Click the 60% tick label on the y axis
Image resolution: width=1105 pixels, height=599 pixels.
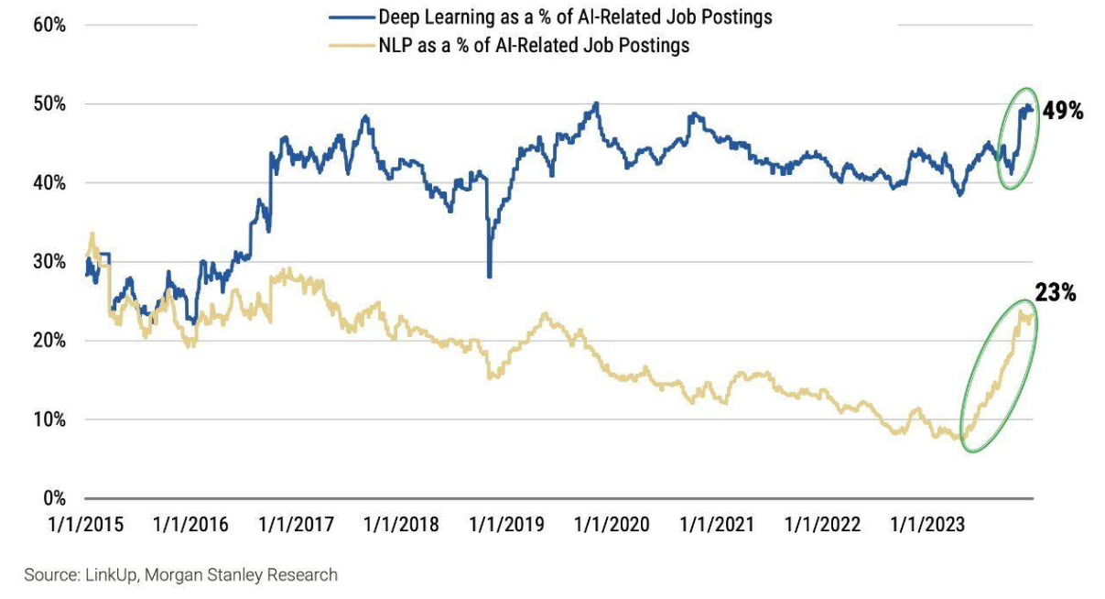pos(49,25)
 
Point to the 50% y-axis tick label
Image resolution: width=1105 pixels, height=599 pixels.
pos(49,104)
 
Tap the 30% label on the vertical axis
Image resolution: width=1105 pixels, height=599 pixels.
pos(49,262)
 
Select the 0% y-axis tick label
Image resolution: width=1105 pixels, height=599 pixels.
pos(53,499)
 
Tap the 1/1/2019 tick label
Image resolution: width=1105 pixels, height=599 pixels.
pos(506,525)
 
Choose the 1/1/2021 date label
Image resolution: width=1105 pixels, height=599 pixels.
pos(717,525)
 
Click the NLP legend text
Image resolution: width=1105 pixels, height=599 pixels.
pos(534,45)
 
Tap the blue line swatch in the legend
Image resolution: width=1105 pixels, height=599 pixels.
pos(351,17)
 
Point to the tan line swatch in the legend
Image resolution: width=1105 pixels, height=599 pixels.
pos(351,45)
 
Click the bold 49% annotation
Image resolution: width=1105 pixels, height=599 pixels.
pos(1063,112)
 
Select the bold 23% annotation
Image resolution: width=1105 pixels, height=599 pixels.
pos(1056,293)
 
